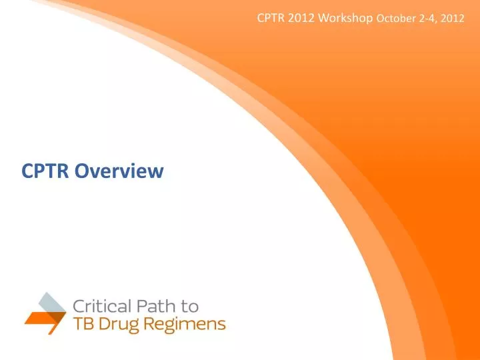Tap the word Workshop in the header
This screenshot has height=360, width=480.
(345, 18)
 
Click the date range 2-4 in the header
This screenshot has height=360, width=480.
(426, 19)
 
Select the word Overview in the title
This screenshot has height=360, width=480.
(119, 172)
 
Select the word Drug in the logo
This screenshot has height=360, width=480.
(117, 325)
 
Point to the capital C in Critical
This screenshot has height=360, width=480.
(78, 307)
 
